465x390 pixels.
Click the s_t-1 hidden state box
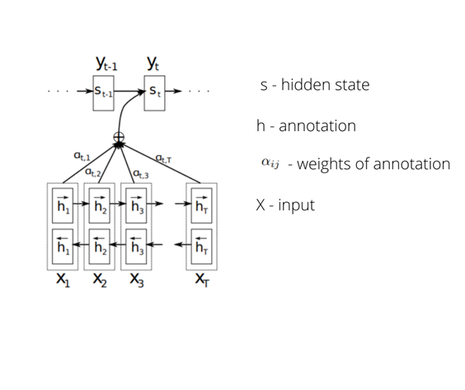coord(104,90)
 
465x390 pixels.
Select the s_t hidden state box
coord(157,90)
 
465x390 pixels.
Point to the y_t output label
coord(154,62)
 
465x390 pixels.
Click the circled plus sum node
coord(119,137)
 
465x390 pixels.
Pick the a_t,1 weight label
coord(82,154)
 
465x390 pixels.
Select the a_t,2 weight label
coord(94,172)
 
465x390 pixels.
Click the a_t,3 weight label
coord(141,172)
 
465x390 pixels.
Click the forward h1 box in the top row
coord(63,206)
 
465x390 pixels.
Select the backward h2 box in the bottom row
coord(100,245)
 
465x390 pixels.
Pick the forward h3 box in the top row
coord(137,206)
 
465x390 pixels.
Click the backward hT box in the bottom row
coord(202,245)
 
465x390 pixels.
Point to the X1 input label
coord(63,280)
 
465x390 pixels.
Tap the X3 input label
coord(137,280)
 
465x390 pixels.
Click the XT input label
coord(202,280)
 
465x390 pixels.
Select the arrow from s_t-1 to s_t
coord(130,90)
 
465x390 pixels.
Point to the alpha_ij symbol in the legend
coord(270,162)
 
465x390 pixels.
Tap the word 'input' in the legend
coord(297,204)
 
